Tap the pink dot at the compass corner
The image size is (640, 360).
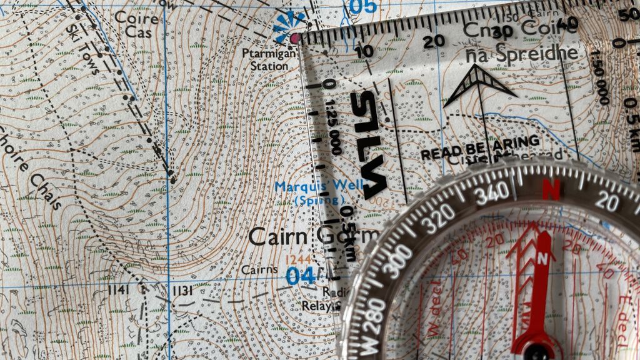[x=296, y=39]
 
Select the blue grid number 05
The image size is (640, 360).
[x=363, y=6]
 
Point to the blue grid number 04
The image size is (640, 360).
[x=301, y=276]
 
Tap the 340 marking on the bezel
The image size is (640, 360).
[x=492, y=196]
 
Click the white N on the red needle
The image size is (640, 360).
[x=542, y=257]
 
